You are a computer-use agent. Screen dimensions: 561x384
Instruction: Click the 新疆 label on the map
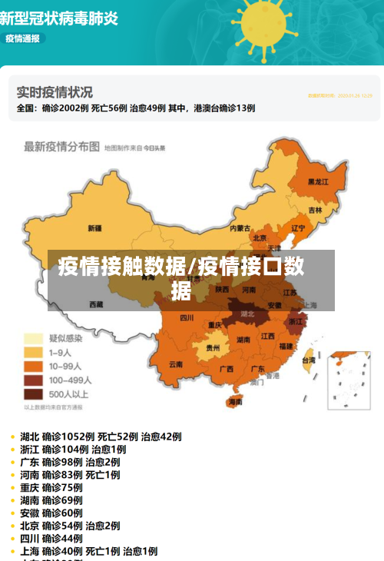95,227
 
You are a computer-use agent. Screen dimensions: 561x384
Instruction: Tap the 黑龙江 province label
318,182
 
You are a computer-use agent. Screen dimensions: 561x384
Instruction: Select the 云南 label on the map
176,363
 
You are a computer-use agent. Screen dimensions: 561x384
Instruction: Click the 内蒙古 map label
240,227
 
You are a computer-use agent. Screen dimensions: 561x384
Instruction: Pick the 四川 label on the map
187,317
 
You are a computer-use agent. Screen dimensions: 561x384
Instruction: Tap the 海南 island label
235,401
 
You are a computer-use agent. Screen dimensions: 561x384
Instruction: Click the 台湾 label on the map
308,360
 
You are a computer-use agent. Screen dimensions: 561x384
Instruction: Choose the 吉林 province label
316,209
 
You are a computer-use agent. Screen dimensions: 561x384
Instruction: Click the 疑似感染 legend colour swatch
33,338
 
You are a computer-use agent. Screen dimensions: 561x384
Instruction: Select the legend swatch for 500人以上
33,394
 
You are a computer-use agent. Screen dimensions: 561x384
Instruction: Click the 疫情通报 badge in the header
22,38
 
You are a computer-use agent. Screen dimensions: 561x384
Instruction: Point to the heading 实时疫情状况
55,91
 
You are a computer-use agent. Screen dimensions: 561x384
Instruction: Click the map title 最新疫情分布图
61,146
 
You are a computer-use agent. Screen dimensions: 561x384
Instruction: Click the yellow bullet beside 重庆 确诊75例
13,488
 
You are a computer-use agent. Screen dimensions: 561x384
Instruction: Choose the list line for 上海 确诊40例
88,551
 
